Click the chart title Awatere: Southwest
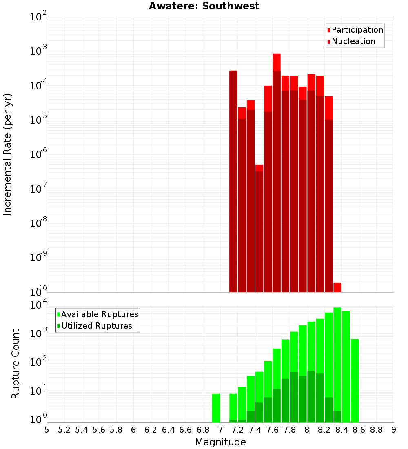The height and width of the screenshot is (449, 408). [204, 6]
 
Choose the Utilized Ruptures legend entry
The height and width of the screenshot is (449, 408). [96, 326]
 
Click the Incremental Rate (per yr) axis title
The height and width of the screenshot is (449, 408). [7, 154]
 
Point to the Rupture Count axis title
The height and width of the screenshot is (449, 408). [16, 363]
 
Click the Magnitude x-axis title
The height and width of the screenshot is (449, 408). [220, 442]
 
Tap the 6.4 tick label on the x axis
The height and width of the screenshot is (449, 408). [168, 430]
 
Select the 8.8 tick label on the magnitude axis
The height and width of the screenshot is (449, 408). [376, 430]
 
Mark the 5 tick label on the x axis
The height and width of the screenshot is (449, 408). [47, 430]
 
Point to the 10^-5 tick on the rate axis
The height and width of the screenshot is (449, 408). [38, 120]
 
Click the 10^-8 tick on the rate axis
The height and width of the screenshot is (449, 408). [38, 223]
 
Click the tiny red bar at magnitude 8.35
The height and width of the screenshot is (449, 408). [337, 287]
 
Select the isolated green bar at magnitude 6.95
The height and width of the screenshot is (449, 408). [216, 408]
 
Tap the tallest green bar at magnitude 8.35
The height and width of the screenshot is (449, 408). [337, 359]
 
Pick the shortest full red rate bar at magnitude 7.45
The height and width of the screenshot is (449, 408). [259, 229]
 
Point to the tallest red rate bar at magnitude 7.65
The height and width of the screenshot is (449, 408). [277, 171]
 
